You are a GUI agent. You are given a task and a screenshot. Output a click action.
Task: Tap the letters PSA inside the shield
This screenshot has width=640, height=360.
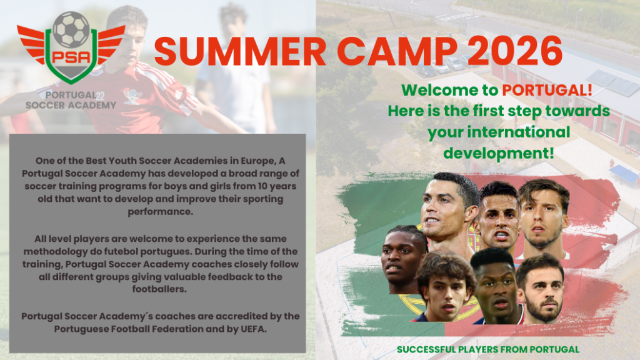[71, 56]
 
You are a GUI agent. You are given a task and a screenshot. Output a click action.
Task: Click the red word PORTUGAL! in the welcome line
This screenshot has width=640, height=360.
[547, 90]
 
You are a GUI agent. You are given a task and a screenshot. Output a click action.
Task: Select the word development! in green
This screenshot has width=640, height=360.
[499, 154]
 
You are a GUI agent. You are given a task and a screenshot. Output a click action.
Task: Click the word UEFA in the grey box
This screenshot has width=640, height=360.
[253, 329]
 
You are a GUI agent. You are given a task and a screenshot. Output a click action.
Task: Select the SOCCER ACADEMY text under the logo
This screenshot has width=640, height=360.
[71, 105]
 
